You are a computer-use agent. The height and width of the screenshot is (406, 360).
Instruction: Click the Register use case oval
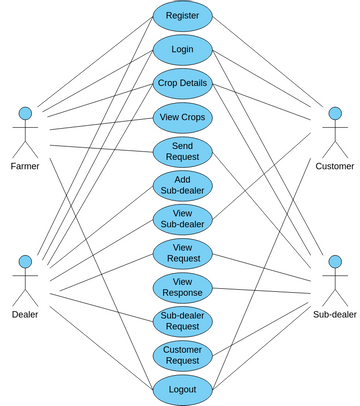click(x=182, y=15)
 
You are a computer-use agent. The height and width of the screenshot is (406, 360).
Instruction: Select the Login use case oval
click(x=182, y=49)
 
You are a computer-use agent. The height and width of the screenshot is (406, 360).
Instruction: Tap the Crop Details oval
click(x=182, y=83)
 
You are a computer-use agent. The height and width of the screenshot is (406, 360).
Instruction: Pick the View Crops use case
click(x=182, y=117)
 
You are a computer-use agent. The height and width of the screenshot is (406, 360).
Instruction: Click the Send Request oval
click(x=182, y=151)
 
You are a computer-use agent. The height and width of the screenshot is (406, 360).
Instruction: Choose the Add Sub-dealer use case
click(x=182, y=185)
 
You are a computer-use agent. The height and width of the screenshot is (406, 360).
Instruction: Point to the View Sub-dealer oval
click(x=182, y=219)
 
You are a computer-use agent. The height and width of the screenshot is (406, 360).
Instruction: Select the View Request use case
click(x=182, y=253)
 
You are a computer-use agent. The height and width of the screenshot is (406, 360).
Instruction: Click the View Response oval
click(x=182, y=287)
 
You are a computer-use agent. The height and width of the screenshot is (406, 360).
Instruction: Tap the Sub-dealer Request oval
click(x=182, y=321)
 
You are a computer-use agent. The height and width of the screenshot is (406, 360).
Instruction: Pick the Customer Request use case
click(x=182, y=355)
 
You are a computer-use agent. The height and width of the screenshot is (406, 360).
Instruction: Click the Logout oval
click(x=182, y=389)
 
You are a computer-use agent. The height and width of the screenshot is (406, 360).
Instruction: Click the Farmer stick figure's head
click(x=26, y=111)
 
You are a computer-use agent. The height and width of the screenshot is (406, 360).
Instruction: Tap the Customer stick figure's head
click(x=333, y=111)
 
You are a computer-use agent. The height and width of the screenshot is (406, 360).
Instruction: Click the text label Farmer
click(x=26, y=166)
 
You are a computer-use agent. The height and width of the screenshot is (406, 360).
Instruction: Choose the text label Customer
click(x=333, y=166)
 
